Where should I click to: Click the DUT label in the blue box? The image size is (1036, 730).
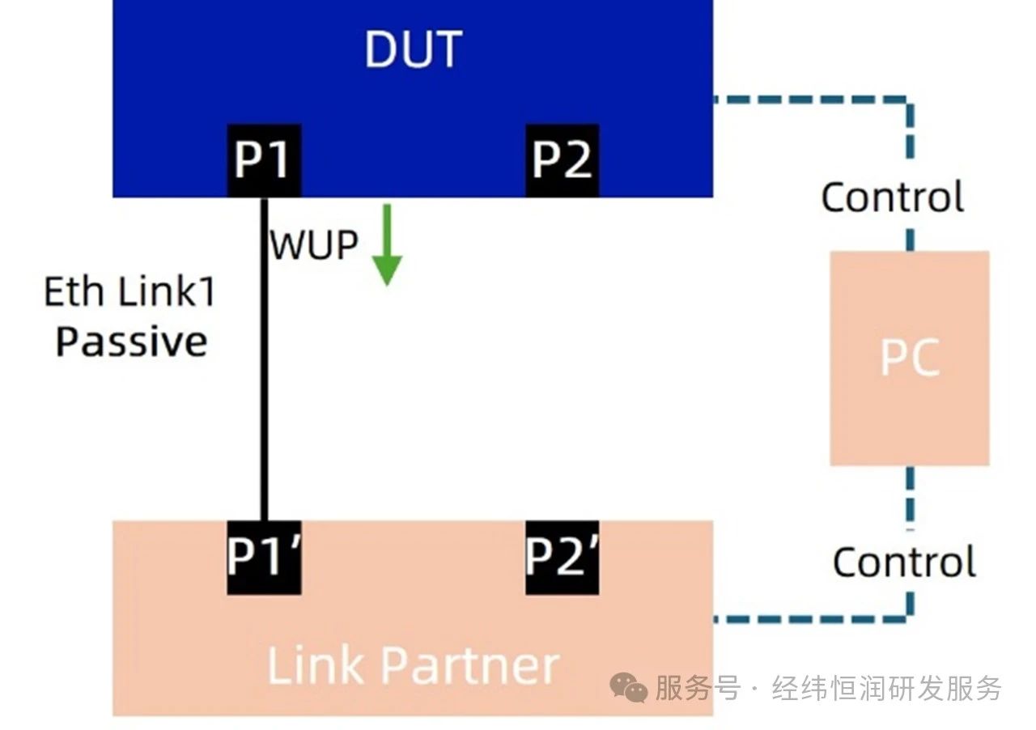(x=413, y=49)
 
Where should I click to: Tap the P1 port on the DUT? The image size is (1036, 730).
(x=263, y=160)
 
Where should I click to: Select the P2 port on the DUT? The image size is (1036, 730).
(x=562, y=160)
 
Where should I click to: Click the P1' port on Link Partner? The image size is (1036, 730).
(x=263, y=557)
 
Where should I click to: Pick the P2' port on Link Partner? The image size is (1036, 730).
(x=562, y=557)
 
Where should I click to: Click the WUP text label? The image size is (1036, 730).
(x=313, y=244)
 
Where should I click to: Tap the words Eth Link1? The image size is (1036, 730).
(x=129, y=291)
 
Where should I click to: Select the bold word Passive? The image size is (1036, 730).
(x=131, y=342)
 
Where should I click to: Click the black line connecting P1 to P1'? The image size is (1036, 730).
(x=263, y=364)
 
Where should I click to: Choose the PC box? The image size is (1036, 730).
(x=910, y=358)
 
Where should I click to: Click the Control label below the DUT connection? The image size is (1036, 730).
(x=892, y=197)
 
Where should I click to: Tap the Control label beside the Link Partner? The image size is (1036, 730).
(x=903, y=562)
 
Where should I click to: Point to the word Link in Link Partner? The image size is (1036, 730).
(x=315, y=665)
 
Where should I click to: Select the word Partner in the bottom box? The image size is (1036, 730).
(x=469, y=665)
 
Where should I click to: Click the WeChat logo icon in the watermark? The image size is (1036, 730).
(x=628, y=689)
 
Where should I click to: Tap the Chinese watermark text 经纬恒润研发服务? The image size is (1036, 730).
(x=887, y=689)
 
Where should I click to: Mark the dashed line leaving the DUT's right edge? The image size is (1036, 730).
(x=809, y=100)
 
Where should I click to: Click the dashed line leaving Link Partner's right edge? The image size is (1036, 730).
(x=809, y=620)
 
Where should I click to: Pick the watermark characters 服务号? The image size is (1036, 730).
(x=698, y=689)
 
